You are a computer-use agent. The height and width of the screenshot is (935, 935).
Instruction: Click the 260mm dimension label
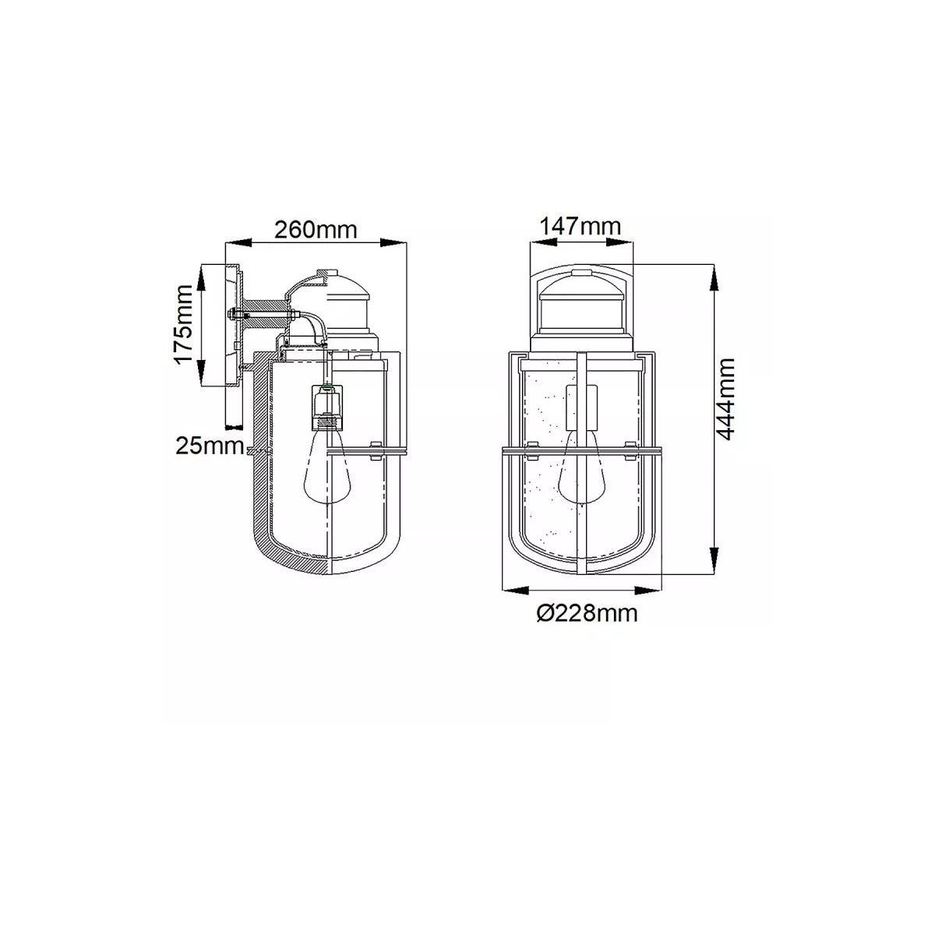316,230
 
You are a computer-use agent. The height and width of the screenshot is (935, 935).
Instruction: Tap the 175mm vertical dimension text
184,325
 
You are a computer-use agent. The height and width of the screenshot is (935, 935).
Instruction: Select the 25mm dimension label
209,446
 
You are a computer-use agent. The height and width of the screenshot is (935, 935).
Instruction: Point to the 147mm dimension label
580,226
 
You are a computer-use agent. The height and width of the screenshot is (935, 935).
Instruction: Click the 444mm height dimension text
725,399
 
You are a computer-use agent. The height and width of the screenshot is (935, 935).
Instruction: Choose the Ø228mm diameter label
587,614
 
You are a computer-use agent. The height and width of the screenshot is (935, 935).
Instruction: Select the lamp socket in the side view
327,406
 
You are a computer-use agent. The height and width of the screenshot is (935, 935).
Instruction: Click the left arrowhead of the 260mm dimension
238,243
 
